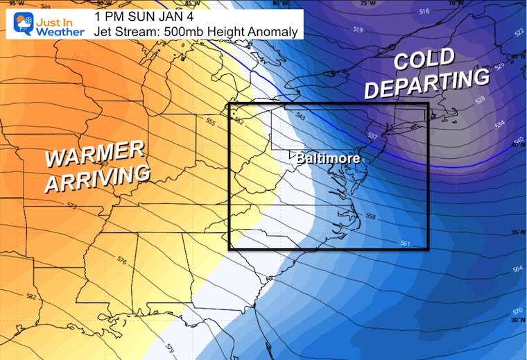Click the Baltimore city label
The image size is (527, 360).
[328, 159]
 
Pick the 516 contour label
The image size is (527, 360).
[424, 12]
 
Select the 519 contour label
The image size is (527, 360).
[358, 29]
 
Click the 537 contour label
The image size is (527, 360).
[372, 135]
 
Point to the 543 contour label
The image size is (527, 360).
[300, 115]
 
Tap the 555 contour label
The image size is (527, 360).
[210, 122]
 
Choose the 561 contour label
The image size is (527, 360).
[405, 243]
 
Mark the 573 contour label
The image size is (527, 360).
[53, 206]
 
